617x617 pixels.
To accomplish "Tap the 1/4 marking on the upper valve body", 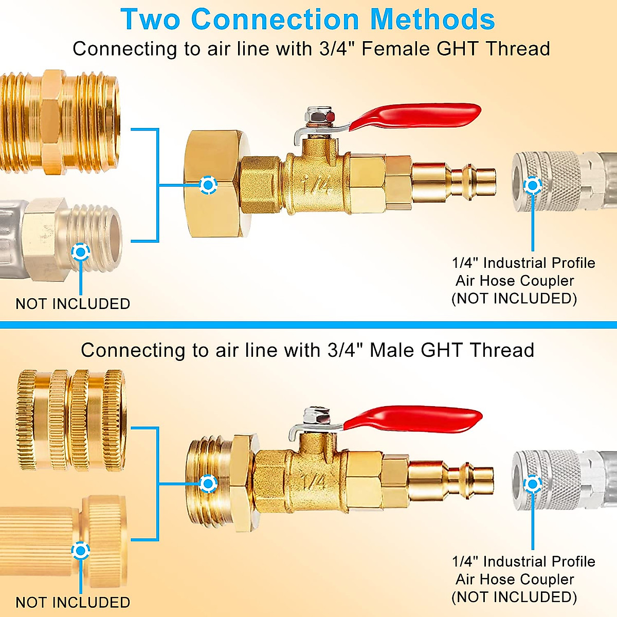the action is pos(315,186).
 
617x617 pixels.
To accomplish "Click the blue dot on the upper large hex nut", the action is pos(208,185).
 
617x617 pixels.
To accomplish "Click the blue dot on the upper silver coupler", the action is pos(533,186).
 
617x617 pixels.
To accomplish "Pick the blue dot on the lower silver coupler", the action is pos(533,484).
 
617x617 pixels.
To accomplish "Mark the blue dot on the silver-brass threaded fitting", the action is pos(81,252).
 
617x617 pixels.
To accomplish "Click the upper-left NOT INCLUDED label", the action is pos(72,304).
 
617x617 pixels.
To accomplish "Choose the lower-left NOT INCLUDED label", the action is pos(72,602).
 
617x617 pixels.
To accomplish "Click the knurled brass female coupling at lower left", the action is pos(71,420).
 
